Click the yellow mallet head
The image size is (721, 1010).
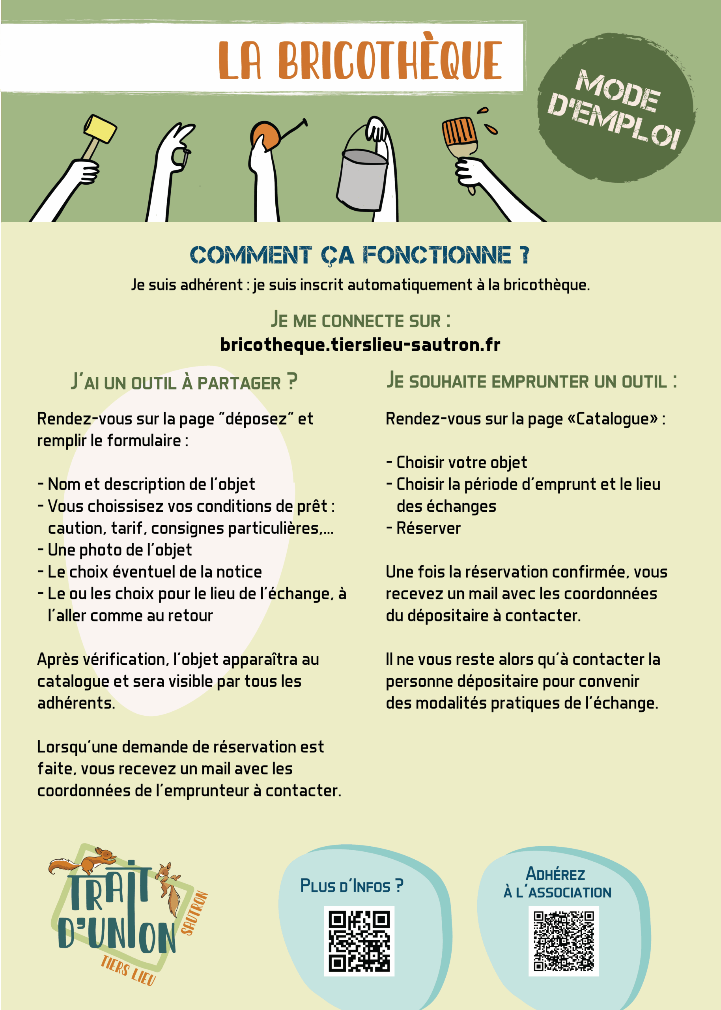[100, 129]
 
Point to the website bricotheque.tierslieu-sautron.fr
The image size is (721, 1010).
[360, 344]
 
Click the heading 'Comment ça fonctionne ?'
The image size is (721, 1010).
[360, 255]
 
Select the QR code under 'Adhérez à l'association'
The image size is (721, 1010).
[563, 940]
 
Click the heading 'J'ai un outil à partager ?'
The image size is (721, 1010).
[184, 382]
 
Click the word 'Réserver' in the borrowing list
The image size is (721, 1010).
[428, 528]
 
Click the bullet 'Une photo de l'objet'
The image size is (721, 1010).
[120, 550]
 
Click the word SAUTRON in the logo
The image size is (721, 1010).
[194, 913]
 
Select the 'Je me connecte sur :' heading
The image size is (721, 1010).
[360, 320]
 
